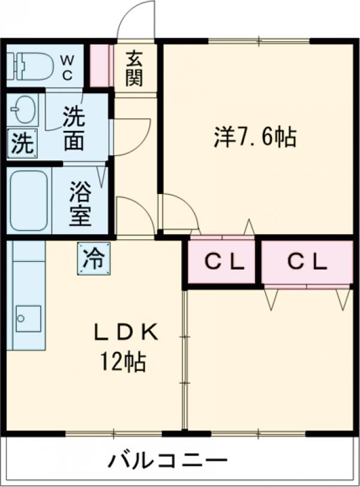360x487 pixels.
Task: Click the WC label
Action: tap(67, 67)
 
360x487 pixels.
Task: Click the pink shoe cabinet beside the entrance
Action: tap(101, 65)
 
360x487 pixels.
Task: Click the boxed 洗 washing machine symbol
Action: tap(22, 144)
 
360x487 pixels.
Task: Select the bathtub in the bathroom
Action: tap(29, 201)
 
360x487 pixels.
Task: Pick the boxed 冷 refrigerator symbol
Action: tap(93, 258)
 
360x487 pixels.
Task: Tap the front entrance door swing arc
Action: tap(136, 18)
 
